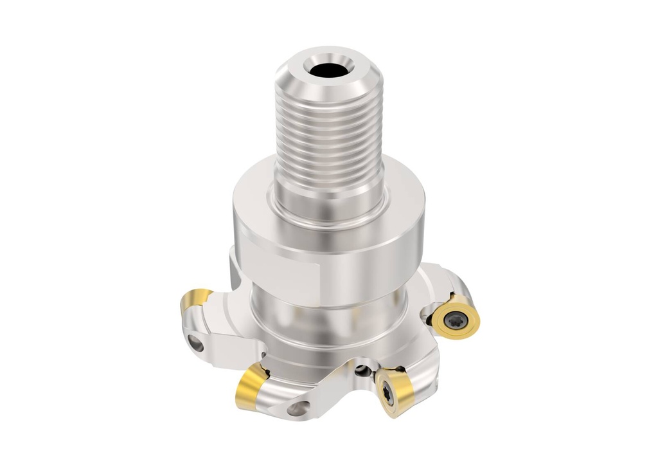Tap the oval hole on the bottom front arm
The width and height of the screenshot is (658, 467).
coord(299,407)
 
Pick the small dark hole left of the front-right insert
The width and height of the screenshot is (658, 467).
coord(364,371)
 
